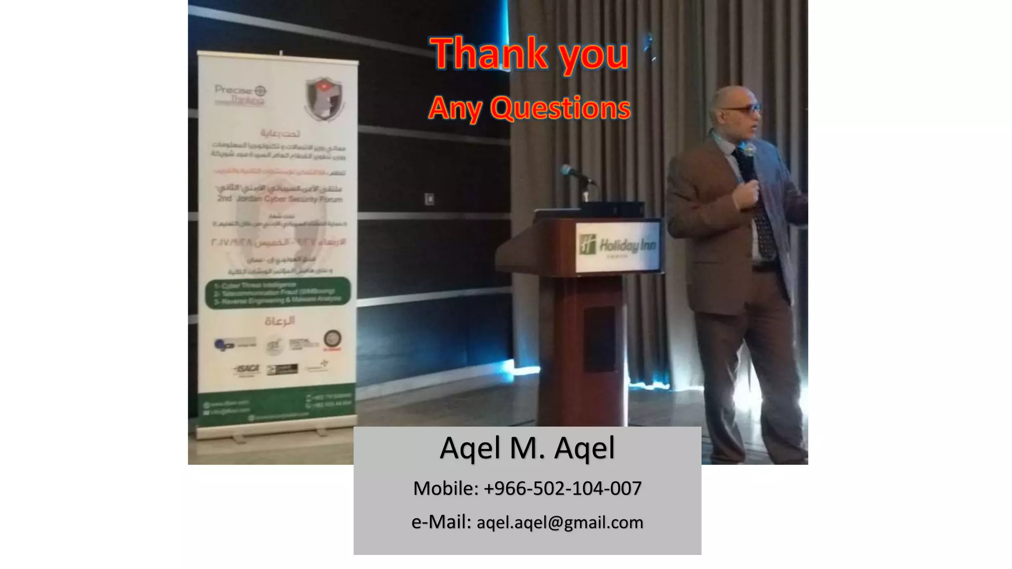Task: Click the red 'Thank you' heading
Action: click(x=530, y=53)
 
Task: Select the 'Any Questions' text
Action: click(x=530, y=108)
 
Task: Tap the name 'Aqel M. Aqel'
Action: click(x=527, y=448)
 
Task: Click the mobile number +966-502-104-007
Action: click(x=562, y=488)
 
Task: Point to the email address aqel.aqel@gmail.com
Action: click(x=560, y=523)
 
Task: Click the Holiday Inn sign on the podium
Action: click(x=618, y=246)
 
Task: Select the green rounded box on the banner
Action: click(x=278, y=293)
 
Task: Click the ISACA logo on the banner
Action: click(x=247, y=369)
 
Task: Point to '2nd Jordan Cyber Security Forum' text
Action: click(x=280, y=199)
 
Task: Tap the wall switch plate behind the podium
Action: click(x=430, y=199)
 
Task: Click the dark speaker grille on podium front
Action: click(x=599, y=338)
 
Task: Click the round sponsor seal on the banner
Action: click(x=332, y=338)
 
